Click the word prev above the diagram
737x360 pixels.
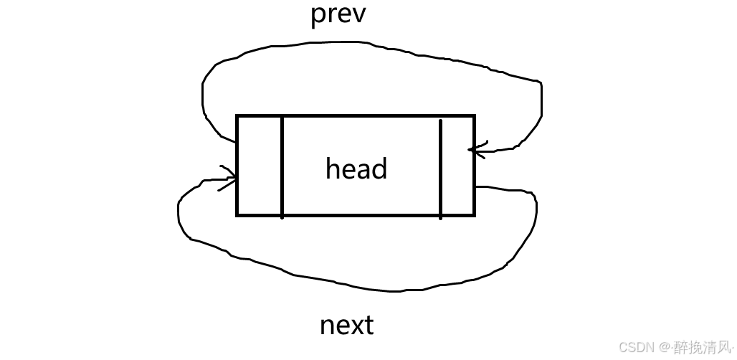(x=338, y=14)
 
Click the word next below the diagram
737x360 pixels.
(x=346, y=325)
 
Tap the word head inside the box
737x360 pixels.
(x=356, y=169)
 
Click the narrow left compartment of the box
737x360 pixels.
(x=260, y=165)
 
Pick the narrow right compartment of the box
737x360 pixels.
(x=457, y=165)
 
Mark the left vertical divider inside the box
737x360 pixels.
(x=282, y=165)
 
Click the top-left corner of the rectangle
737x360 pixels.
(x=237, y=115)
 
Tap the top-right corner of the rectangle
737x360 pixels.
(x=474, y=115)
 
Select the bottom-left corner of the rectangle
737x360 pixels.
(x=237, y=214)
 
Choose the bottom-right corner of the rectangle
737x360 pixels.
(x=474, y=214)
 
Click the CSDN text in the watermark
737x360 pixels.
(x=633, y=347)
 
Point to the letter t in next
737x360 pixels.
(x=368, y=325)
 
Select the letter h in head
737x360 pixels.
(x=333, y=169)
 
